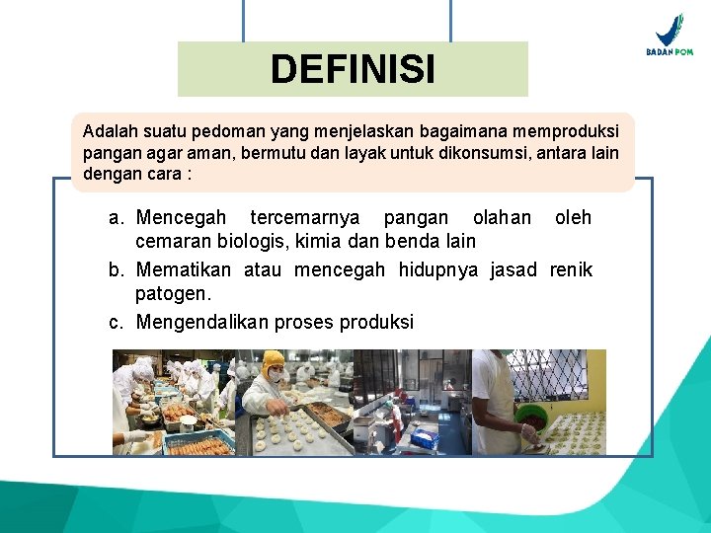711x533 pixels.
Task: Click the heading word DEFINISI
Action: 353,69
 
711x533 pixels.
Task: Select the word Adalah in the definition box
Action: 109,131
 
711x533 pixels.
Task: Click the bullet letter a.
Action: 116,217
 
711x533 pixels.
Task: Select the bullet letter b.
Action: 116,270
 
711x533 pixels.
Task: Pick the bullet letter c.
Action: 116,322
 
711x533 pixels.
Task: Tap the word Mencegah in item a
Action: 181,217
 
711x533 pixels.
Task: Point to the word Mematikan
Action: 184,270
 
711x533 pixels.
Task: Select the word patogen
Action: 173,294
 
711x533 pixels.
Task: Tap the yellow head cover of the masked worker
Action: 273,358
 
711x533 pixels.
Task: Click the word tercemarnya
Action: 305,217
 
